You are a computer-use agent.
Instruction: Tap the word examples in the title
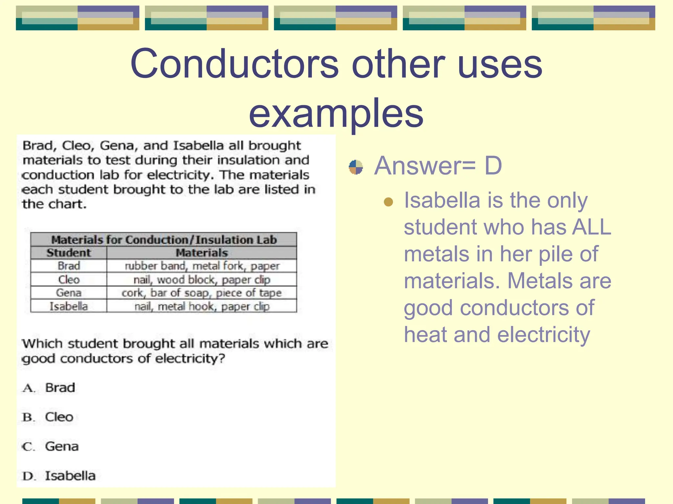(336, 113)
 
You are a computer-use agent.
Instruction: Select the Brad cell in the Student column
(69, 266)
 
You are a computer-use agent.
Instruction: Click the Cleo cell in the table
(69, 280)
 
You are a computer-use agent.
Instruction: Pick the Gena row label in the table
(69, 293)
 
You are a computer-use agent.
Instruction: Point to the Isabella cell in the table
(69, 306)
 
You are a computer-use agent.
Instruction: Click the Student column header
(69, 253)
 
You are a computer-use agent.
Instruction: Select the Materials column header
(201, 253)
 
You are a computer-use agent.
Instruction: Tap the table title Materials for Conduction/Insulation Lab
(164, 240)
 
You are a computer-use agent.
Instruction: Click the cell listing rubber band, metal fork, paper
(202, 266)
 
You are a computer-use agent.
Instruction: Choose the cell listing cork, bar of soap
(201, 293)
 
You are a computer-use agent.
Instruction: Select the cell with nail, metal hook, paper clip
(202, 306)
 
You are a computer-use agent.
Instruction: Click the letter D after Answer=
(493, 166)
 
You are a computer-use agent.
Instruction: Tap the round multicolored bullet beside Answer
(356, 167)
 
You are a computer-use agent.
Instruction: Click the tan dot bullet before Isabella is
(388, 201)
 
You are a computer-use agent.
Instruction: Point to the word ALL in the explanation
(591, 227)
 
